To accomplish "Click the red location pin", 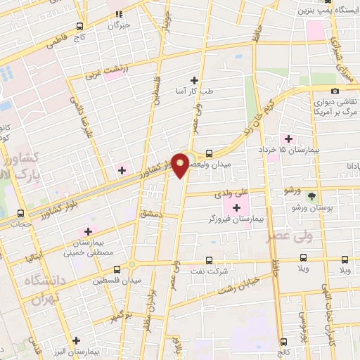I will (181, 165).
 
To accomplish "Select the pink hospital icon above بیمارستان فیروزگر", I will (236, 207).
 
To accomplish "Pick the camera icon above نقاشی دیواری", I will (335, 91).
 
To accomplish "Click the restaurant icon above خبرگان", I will (120, 13).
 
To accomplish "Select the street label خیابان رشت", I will (241, 283).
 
